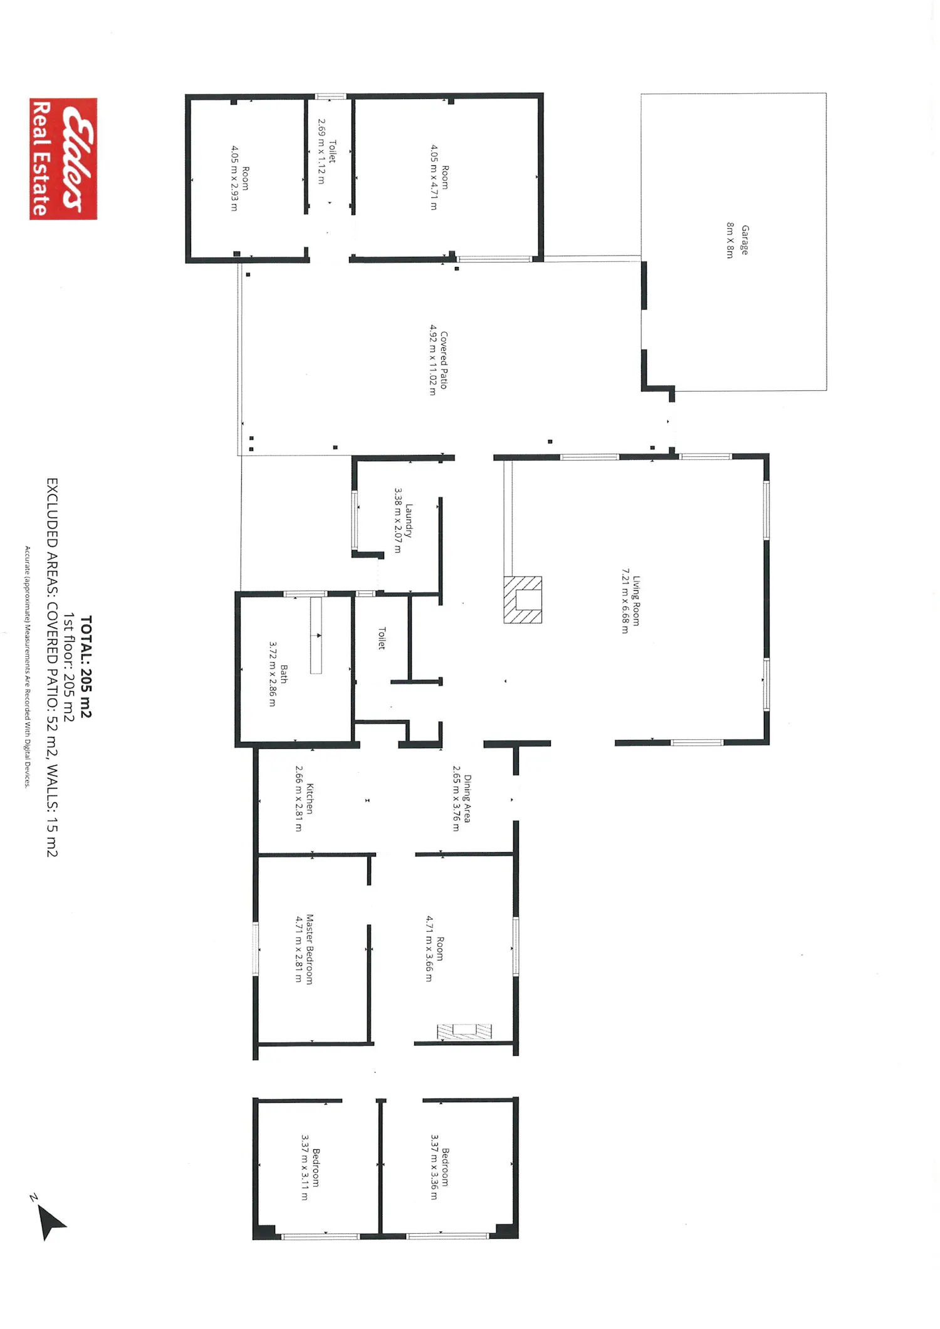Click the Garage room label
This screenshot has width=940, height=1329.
pos(745,240)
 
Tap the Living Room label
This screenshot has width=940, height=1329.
pos(636,601)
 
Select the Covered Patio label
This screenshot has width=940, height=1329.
pos(444,360)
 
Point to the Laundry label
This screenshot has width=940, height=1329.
pos(409,521)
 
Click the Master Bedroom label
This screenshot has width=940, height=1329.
pos(310,949)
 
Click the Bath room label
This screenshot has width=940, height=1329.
pos(284,674)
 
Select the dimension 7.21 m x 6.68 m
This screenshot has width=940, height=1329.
pos(625,601)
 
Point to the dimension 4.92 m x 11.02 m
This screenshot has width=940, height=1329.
pos(432,360)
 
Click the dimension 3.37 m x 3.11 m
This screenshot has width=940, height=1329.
pos(305,1167)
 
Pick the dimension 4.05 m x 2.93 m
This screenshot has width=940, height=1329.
pos(234,179)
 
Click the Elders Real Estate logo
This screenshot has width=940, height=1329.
pos(63,159)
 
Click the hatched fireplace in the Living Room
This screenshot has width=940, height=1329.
pos(523,600)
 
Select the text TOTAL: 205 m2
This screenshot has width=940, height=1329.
pos(86,666)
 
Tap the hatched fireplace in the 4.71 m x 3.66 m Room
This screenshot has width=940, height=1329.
pos(464,1031)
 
